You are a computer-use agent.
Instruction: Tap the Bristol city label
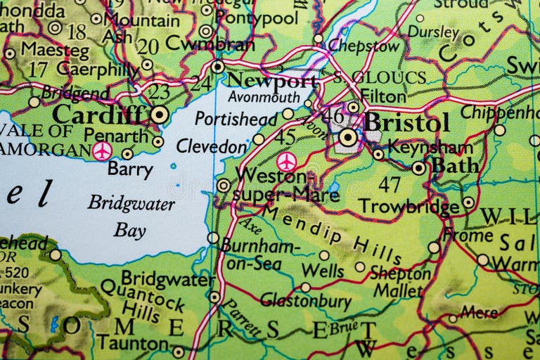pos(406,123)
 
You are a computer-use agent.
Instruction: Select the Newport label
pos(271,79)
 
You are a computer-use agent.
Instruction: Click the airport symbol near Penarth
pos(102,150)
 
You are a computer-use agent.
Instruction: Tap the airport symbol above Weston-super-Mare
pos(285,161)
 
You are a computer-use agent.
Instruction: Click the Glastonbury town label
pos(305,301)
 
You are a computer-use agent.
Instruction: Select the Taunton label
pos(132,342)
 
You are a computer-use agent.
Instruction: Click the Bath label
pos(455,165)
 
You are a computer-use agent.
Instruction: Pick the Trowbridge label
pos(409,206)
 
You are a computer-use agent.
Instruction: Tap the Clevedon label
pos(211,146)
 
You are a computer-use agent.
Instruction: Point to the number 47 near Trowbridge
pos(388,184)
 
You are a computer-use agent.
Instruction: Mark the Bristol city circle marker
pos(348,137)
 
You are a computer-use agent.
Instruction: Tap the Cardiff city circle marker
pos(160,114)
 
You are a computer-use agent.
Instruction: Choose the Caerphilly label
pos(97,69)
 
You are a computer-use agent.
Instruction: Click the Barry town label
pos(130,169)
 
